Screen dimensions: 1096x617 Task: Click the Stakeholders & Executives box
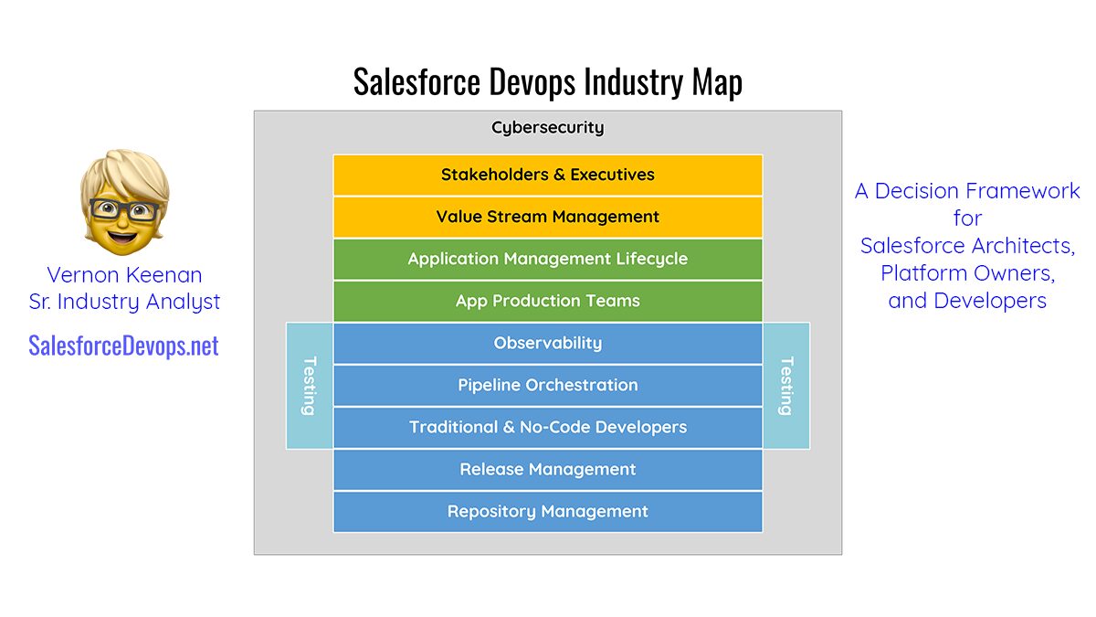[547, 175]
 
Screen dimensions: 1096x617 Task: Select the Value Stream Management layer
[547, 217]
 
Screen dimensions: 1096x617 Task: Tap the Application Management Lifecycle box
[547, 259]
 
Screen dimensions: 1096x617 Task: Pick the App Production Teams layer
[547, 301]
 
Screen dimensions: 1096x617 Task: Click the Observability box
[547, 344]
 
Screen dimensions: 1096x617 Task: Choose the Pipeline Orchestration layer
[547, 386]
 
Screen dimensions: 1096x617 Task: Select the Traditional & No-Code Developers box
[547, 428]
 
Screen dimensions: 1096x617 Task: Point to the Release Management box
[547, 470]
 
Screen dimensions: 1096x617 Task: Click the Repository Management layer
[547, 512]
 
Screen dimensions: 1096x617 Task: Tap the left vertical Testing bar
[310, 386]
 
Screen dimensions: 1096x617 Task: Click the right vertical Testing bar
[786, 386]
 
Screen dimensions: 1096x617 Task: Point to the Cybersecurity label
[547, 127]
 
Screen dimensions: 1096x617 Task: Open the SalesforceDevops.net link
[123, 346]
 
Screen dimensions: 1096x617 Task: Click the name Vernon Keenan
[124, 275]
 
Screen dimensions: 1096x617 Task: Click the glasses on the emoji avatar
[124, 209]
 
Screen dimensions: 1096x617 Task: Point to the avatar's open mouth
[122, 239]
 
